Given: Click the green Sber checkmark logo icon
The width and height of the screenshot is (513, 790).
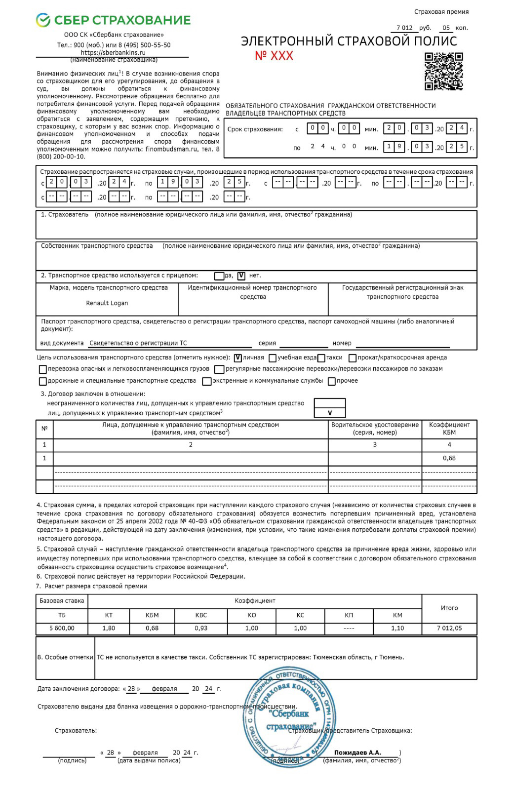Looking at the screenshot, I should coord(43,20).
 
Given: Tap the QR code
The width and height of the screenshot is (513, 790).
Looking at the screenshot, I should coord(443,72).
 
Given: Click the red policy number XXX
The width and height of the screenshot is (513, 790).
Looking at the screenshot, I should coord(274,56).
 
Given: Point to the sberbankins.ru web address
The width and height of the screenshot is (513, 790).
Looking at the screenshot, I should coord(113,52).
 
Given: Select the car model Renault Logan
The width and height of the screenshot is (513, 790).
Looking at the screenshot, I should coord(107,303).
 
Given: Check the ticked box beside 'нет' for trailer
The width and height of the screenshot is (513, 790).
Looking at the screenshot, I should coord(241,276).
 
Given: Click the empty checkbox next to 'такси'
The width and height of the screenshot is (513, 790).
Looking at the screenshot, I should coord(321,358).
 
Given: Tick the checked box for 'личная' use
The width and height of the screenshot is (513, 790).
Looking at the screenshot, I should coord(238,358).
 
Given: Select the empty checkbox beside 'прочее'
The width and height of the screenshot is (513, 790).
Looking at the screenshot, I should coord(332,381).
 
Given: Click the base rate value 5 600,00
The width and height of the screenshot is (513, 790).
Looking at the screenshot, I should coord(62,629).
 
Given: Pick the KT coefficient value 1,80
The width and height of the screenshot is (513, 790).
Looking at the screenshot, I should coord(109,629).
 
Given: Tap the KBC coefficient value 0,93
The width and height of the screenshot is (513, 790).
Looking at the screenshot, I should coord(201,629).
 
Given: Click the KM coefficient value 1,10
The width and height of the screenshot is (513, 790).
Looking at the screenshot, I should coord(397,629).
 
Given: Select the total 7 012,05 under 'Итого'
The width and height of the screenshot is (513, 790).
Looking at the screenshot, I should coord(449,629).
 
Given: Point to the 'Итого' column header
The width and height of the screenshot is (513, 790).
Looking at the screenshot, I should coord(449,608).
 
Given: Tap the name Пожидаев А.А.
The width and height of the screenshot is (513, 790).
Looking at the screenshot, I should coord(357,753).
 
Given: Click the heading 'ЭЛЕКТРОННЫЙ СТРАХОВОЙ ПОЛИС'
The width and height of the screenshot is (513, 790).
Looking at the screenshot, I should coord(349,41).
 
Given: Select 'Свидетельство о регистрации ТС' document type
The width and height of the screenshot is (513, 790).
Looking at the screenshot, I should coord(138,343).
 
